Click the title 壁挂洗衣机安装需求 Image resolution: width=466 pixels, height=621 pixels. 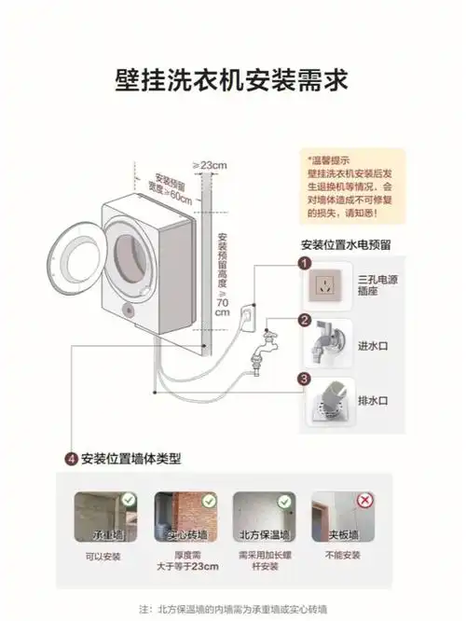[232, 78]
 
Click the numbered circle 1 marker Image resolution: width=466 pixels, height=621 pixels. [304, 264]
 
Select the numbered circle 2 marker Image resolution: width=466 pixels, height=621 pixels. [304, 322]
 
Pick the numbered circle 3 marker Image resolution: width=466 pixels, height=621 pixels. [304, 379]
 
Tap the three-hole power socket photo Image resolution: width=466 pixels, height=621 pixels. [326, 286]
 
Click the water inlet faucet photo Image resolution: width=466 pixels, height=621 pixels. [326, 345]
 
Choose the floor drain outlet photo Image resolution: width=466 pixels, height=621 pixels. [326, 402]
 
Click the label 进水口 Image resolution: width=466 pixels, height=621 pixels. [372, 345]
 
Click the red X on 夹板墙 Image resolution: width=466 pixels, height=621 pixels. [366, 500]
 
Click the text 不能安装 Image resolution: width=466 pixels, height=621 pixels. [337, 556]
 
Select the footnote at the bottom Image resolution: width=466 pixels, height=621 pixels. [232, 609]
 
